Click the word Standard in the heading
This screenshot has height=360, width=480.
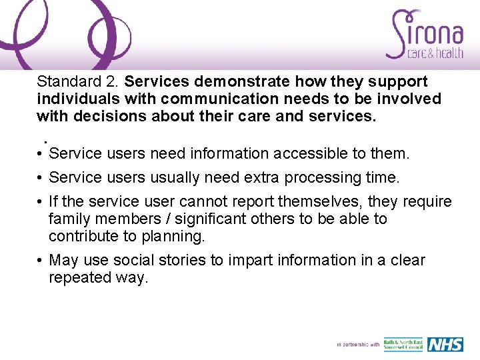pyautogui.click(x=64, y=82)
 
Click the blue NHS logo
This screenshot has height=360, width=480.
pyautogui.click(x=445, y=344)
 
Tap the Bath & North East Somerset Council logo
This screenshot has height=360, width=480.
pyautogui.click(x=402, y=344)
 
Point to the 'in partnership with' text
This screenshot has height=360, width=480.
pyautogui.click(x=358, y=345)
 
